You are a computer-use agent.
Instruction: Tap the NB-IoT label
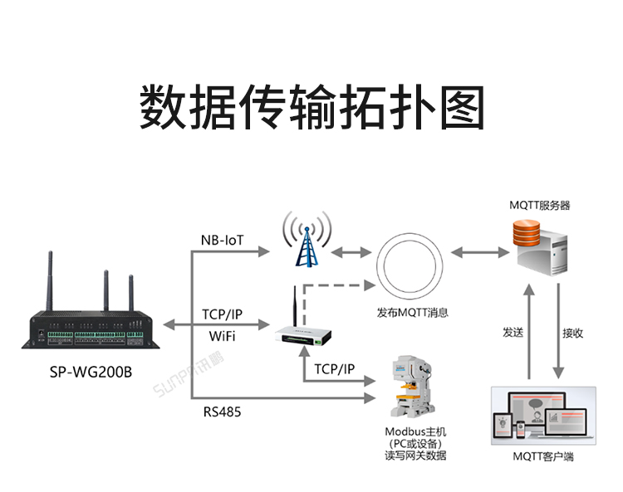pos(223,241)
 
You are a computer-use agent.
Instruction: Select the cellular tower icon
pos(305,241)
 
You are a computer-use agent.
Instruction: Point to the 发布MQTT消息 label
pos(412,313)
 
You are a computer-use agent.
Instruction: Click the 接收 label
pos(572,333)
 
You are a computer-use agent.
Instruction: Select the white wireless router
pos(303,334)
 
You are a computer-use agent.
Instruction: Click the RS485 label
pos(222,411)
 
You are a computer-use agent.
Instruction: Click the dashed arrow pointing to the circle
pos(332,286)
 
